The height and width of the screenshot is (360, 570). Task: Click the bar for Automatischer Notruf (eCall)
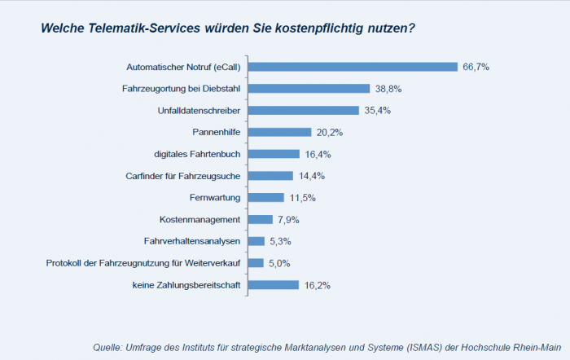(353, 67)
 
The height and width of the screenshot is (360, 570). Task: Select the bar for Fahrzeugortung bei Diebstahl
(309, 88)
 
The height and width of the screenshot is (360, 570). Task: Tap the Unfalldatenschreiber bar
(303, 110)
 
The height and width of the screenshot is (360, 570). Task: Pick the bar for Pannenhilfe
(279, 132)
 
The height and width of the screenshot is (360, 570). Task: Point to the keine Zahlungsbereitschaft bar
(274, 285)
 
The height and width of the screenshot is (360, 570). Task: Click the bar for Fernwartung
(266, 197)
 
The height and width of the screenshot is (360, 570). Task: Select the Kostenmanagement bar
(261, 219)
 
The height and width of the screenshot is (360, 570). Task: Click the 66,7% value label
(476, 67)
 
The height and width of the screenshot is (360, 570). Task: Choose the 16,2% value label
(317, 285)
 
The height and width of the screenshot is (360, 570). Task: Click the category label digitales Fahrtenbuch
(197, 154)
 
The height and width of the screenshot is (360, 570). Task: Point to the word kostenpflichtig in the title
(315, 28)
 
